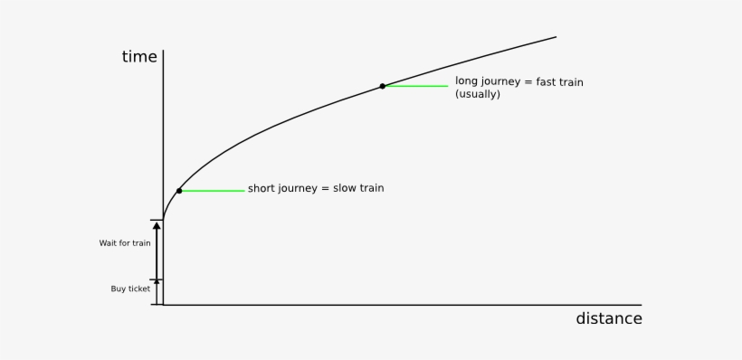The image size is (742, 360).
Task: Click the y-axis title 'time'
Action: (139, 57)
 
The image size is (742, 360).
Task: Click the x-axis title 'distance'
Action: (609, 318)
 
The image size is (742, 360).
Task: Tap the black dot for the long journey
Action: (383, 86)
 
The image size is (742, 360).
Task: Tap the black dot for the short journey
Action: (179, 191)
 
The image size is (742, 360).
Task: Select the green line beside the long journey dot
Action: (417, 86)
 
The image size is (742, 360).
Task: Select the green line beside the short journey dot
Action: (214, 191)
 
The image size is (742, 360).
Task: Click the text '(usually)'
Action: (478, 94)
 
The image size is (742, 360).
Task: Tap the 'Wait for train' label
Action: (125, 243)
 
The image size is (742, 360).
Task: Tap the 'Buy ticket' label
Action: (130, 289)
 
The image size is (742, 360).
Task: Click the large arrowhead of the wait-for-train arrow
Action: (157, 226)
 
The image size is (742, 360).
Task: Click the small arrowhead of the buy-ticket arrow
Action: (157, 281)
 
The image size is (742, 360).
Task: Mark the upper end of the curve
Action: (556, 37)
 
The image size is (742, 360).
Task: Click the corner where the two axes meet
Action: (163, 305)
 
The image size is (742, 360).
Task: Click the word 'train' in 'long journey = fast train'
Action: (571, 81)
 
